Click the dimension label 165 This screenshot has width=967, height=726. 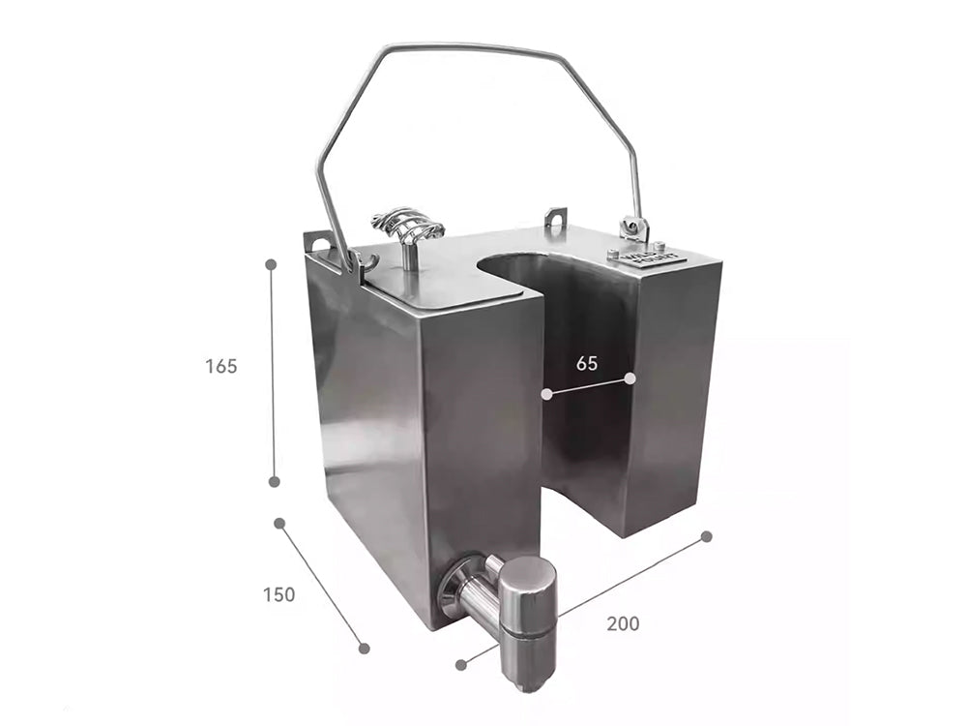[220, 367]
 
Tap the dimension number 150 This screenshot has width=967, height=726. [278, 594]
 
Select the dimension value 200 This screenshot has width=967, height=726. [623, 624]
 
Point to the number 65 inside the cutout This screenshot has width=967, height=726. [586, 364]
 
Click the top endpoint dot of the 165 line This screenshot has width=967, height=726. [271, 263]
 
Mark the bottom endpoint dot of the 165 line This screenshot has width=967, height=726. [274, 481]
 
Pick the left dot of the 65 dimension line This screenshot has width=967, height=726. [546, 394]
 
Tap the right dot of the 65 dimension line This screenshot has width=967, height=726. [630, 377]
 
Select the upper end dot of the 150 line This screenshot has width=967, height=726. [279, 523]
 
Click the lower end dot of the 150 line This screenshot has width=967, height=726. [364, 648]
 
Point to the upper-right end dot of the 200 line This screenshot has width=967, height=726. [706, 536]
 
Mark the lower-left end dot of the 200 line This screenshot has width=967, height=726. [461, 665]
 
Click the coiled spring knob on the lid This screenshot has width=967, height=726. [406, 228]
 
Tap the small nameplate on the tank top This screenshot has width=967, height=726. [647, 256]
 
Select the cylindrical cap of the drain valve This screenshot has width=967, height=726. [528, 597]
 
